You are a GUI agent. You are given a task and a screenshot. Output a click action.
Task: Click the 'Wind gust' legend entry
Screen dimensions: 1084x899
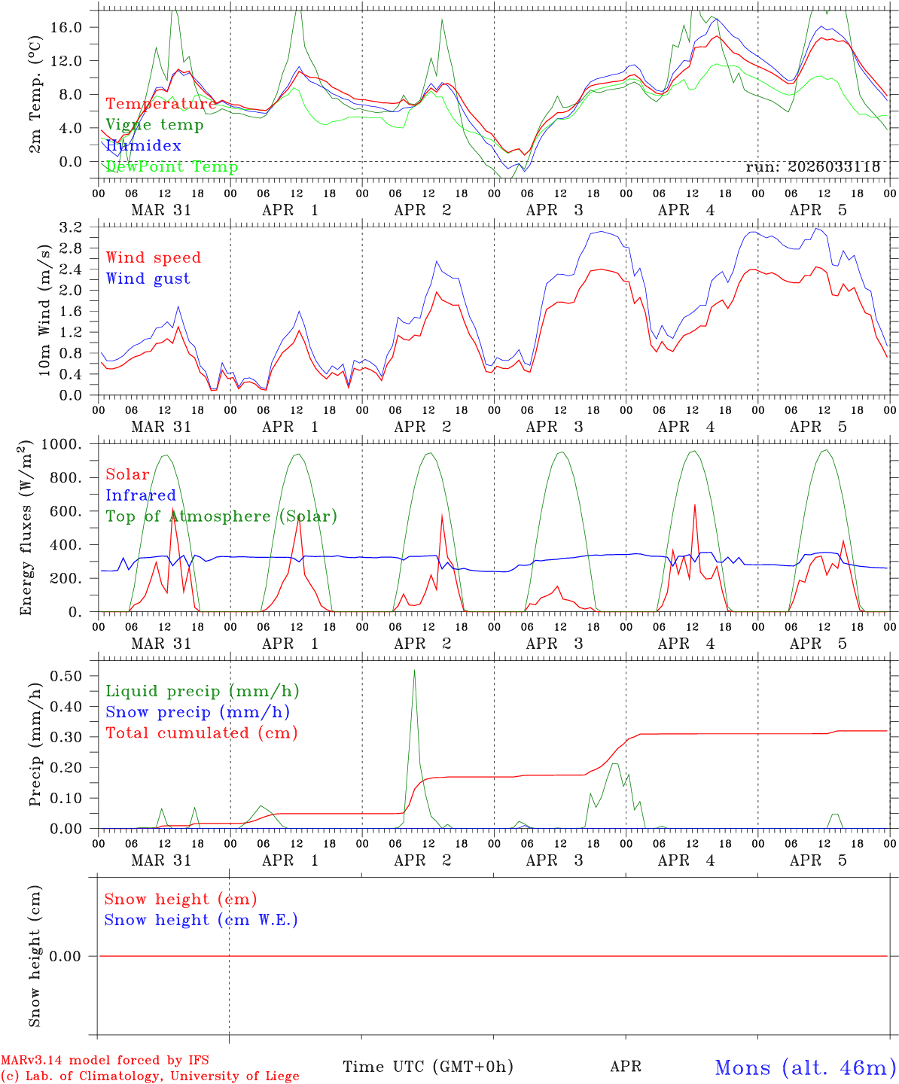(148, 279)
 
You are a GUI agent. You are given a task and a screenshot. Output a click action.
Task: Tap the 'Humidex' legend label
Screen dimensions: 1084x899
(143, 145)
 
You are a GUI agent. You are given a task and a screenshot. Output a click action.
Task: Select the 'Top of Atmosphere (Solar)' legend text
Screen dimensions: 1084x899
(221, 516)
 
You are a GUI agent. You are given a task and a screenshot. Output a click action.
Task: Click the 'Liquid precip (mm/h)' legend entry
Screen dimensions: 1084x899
(202, 691)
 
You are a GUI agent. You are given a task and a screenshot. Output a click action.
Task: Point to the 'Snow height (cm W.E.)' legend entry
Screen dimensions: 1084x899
(201, 920)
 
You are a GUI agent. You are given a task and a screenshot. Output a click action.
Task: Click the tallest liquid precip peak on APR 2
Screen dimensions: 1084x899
(414, 671)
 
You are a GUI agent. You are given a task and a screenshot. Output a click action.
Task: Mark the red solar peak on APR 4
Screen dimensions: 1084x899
(694, 505)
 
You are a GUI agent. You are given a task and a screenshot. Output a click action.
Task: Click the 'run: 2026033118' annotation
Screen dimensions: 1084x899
(812, 167)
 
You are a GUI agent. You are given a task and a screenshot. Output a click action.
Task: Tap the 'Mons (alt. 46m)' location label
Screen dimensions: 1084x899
(805, 1067)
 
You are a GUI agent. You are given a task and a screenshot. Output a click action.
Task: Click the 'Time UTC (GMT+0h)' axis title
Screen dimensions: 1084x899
(428, 1067)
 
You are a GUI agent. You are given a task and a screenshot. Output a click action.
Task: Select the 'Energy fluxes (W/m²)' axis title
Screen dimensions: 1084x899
(26, 528)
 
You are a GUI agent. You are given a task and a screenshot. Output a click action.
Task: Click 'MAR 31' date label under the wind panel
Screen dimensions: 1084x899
(161, 427)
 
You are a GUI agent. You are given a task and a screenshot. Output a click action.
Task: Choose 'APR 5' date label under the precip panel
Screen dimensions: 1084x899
(819, 860)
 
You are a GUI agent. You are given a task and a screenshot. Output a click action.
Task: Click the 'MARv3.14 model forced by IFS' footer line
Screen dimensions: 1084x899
(105, 1061)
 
